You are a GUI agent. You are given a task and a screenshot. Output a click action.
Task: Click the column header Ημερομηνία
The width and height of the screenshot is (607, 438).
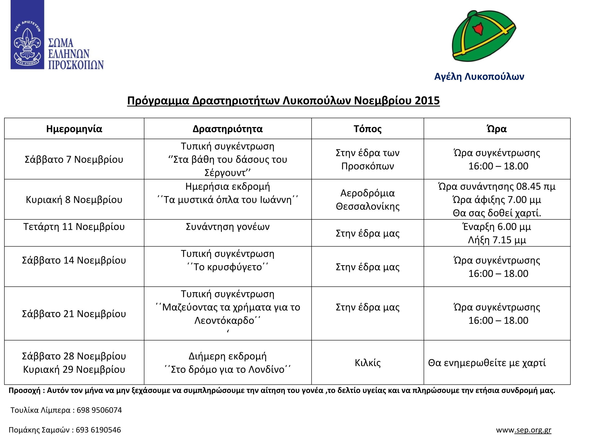coord(74,129)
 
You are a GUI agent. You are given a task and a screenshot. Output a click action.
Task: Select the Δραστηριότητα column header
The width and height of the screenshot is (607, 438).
coord(228,129)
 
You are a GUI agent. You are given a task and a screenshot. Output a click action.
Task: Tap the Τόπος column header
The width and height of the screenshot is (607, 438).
coord(368,129)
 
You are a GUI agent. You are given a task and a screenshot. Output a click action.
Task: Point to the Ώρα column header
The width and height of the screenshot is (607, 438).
coord(497,129)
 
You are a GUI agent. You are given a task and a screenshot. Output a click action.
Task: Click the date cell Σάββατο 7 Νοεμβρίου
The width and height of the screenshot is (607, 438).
coord(74,160)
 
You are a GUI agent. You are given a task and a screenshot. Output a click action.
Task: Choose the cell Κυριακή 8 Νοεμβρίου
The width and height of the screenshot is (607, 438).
coord(74,200)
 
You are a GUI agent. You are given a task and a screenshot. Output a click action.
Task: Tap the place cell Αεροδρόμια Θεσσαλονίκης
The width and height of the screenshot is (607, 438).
coord(368,200)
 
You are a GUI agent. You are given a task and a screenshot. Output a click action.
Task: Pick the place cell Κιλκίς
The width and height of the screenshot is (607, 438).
coord(368,363)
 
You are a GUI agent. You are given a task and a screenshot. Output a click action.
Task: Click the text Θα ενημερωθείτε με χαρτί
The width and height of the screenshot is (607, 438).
coord(487,363)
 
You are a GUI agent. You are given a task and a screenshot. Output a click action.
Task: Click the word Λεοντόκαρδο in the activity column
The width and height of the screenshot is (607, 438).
coord(224,321)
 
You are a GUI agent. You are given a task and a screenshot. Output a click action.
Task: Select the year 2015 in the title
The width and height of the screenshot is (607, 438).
coord(427,101)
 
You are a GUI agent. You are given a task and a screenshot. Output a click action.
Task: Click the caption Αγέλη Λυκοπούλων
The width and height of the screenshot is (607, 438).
coord(479,77)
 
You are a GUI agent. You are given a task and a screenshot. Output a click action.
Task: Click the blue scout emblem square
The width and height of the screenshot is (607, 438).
coord(27,35)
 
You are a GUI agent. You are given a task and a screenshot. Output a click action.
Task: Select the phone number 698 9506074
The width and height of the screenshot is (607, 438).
coord(99,410)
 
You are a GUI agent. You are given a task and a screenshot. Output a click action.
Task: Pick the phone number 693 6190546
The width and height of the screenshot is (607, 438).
coord(98,430)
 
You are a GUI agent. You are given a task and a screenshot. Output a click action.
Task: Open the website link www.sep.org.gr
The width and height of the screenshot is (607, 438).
coord(523,430)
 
